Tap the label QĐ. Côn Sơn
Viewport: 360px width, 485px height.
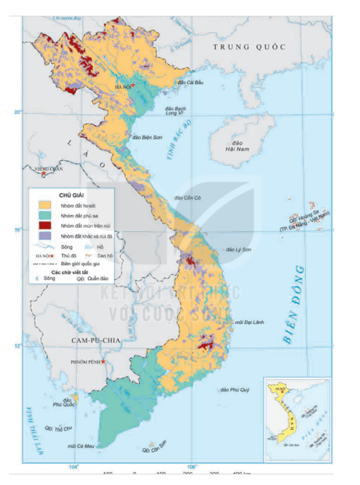[155, 445]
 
